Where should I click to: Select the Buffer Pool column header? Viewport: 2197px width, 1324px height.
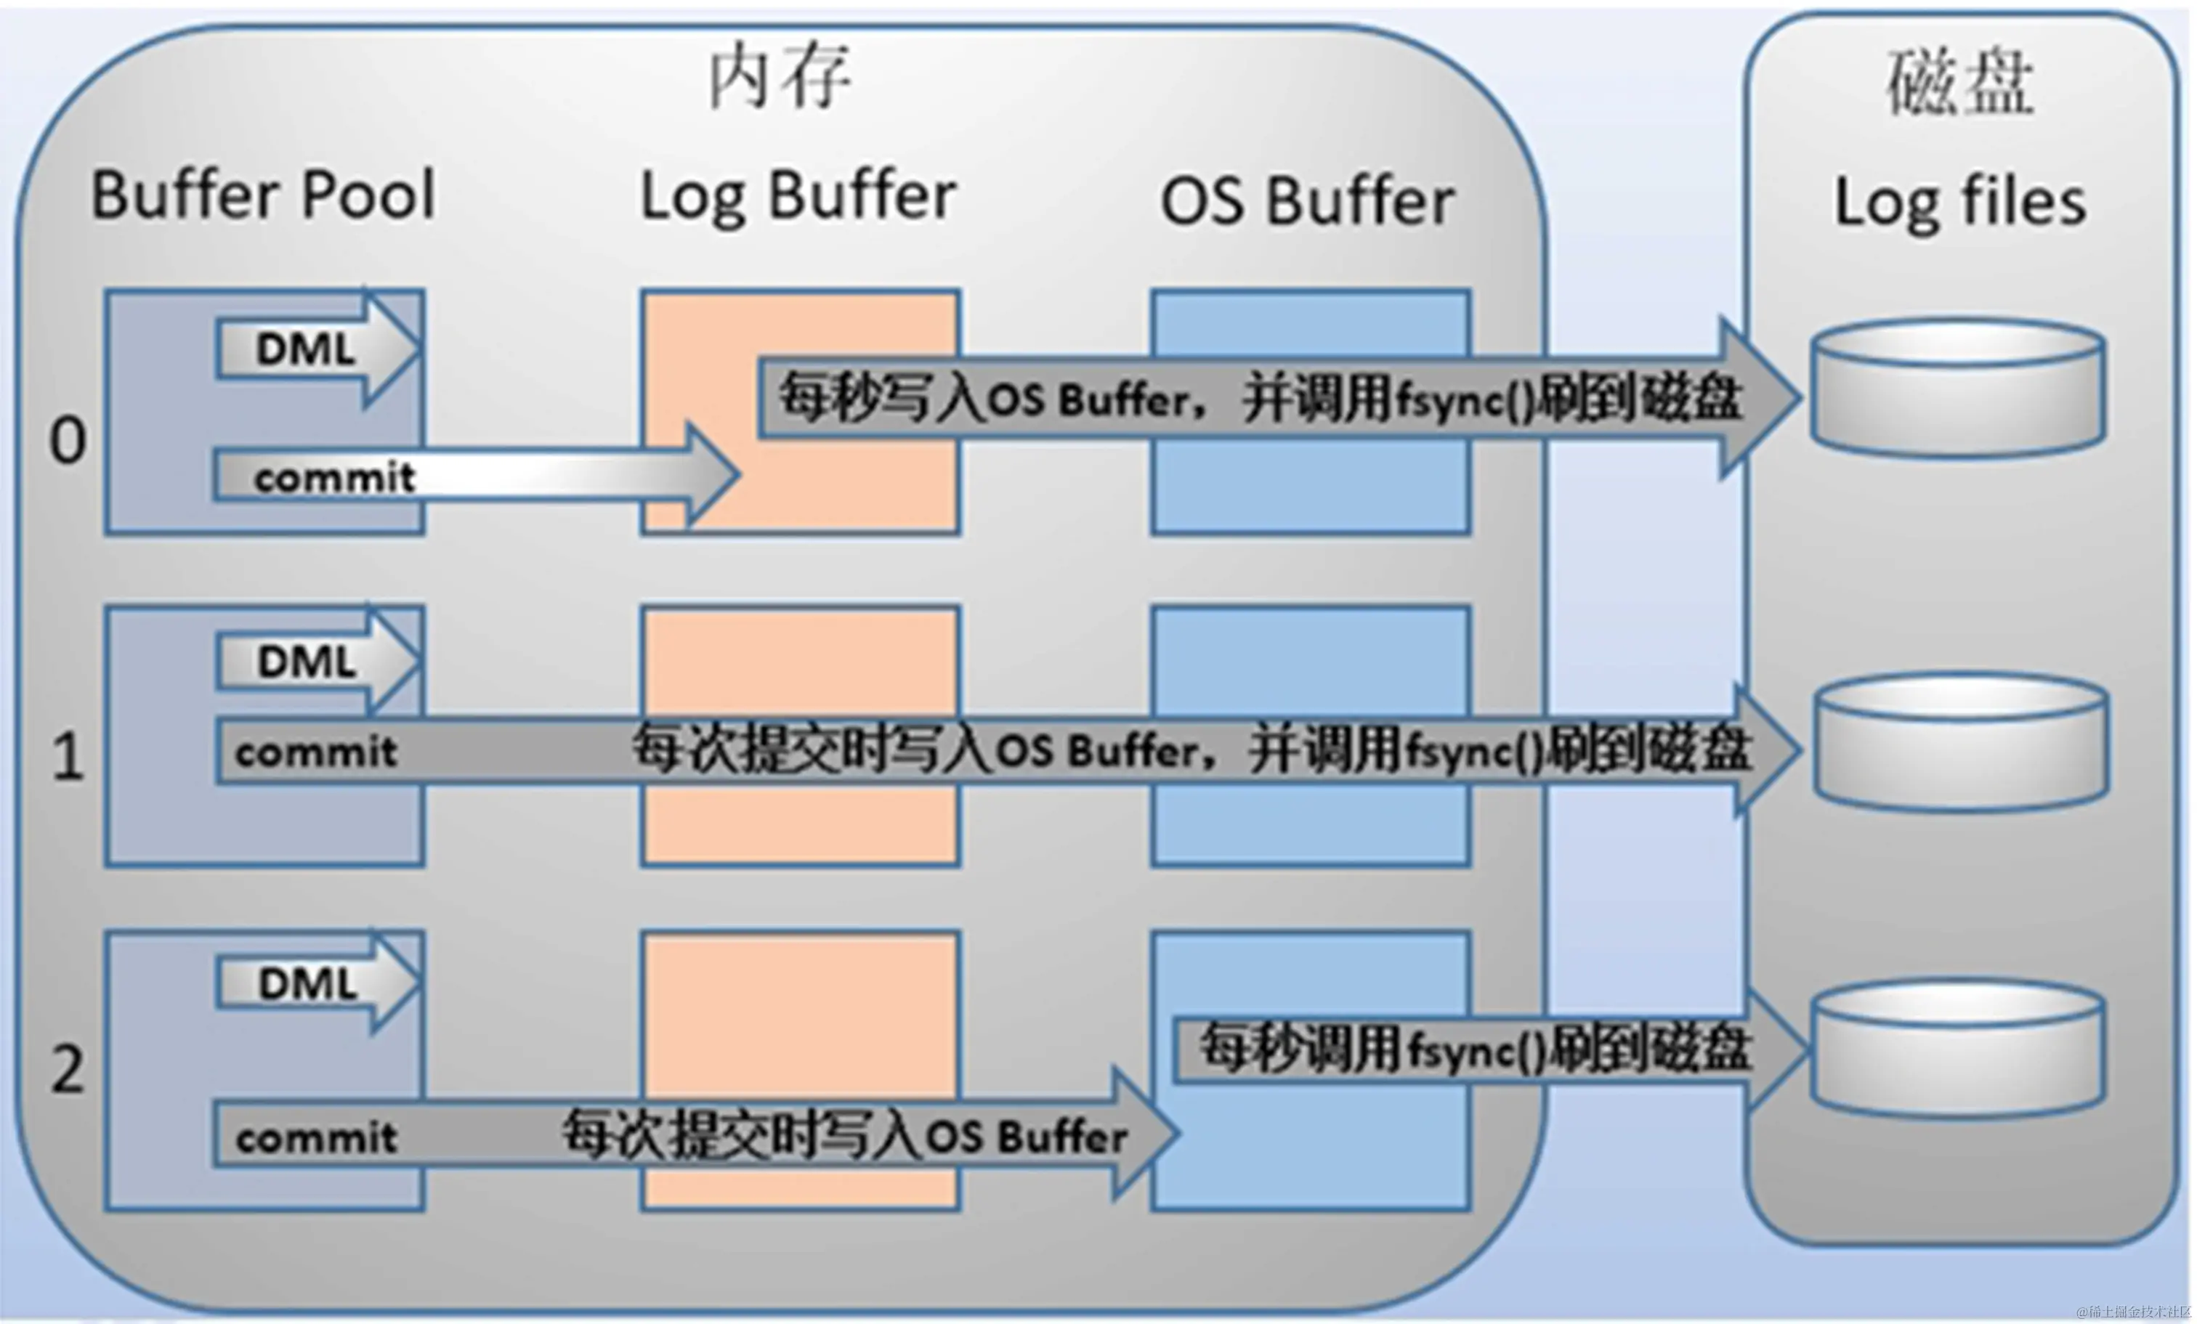pyautogui.click(x=264, y=195)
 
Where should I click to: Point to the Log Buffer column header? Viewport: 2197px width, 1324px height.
pyautogui.click(x=798, y=196)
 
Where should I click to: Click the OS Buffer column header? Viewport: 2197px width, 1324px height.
pyautogui.click(x=1307, y=201)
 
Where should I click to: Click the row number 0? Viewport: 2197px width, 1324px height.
pyautogui.click(x=68, y=440)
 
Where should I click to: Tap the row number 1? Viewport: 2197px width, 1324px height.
pyautogui.click(x=68, y=758)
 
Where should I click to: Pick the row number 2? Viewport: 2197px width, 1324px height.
pyautogui.click(x=68, y=1068)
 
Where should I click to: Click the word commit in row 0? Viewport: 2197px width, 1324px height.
pyautogui.click(x=334, y=478)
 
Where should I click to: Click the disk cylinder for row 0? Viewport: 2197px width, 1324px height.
pyautogui.click(x=1959, y=389)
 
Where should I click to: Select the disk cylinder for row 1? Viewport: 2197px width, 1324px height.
pyautogui.click(x=1962, y=742)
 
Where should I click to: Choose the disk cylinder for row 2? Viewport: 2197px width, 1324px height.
pyautogui.click(x=1959, y=1049)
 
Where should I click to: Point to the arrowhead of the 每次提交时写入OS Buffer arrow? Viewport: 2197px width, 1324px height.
pyautogui.click(x=1146, y=1132)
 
